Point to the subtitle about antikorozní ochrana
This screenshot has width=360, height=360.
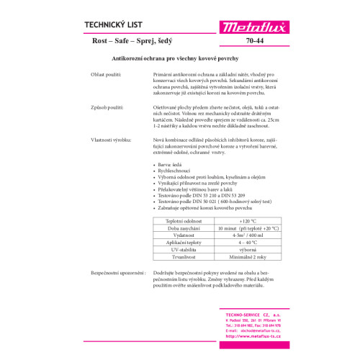point(179,58)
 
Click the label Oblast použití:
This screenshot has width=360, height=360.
point(108,74)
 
